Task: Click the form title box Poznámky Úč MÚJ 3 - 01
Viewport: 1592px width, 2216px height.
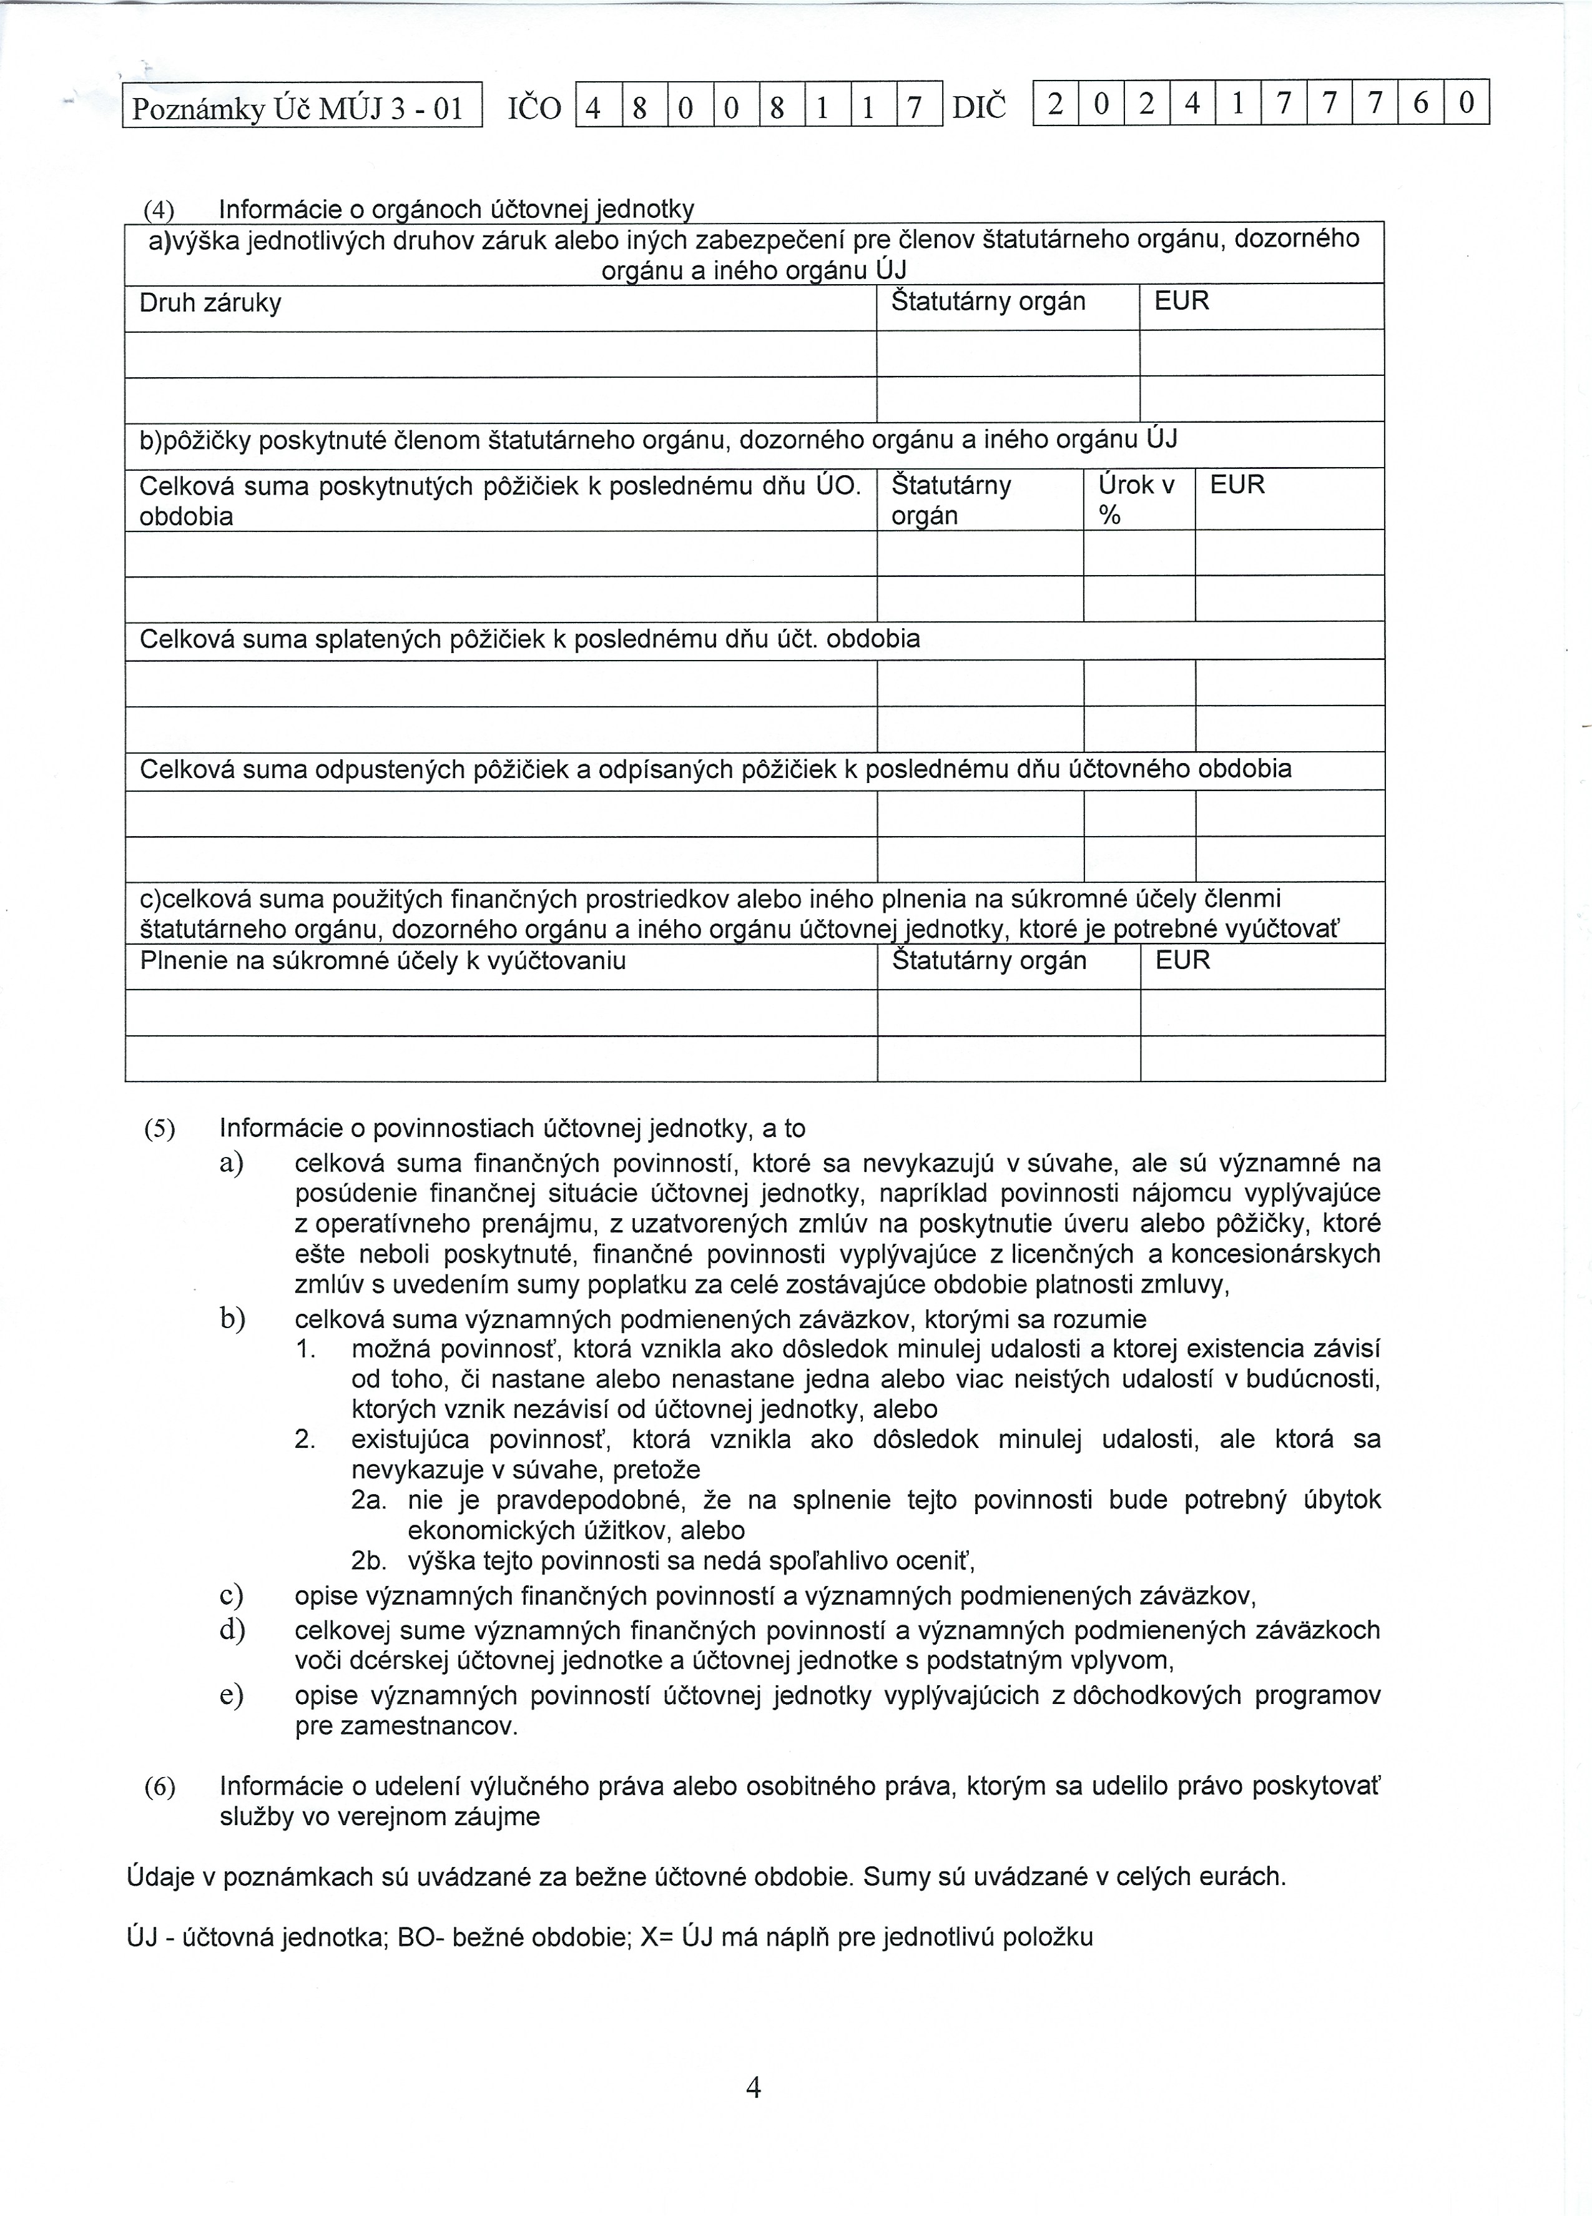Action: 302,106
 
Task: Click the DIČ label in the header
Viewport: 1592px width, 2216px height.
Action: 978,106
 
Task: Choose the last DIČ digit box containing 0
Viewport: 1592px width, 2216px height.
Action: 1466,102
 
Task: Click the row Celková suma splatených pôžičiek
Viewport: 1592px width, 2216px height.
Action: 529,640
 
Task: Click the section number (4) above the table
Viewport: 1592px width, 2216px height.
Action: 158,210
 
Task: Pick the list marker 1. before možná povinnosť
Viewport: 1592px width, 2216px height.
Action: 306,1351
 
